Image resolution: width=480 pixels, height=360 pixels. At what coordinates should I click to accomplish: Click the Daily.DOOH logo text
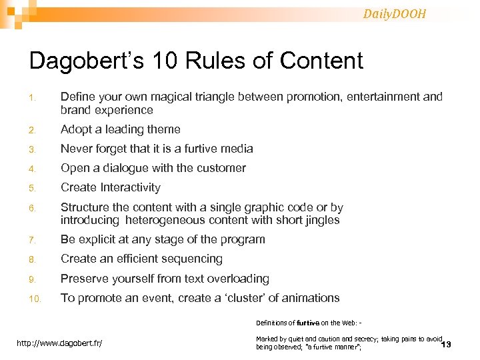tap(395, 13)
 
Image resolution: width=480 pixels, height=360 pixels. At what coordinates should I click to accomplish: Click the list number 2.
tap(33, 130)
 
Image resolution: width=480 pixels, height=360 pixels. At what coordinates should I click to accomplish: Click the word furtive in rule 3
tap(201, 149)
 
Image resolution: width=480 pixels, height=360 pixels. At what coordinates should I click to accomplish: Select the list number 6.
tap(33, 208)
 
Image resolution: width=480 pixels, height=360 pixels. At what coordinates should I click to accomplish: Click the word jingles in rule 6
tap(319, 220)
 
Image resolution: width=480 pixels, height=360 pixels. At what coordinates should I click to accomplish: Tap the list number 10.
tap(35, 299)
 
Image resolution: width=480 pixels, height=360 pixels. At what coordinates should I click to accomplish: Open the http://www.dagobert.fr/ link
tap(64, 343)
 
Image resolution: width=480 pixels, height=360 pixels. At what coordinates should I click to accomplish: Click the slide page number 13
tap(446, 345)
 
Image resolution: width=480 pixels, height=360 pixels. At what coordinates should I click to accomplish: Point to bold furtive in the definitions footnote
tap(308, 323)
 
